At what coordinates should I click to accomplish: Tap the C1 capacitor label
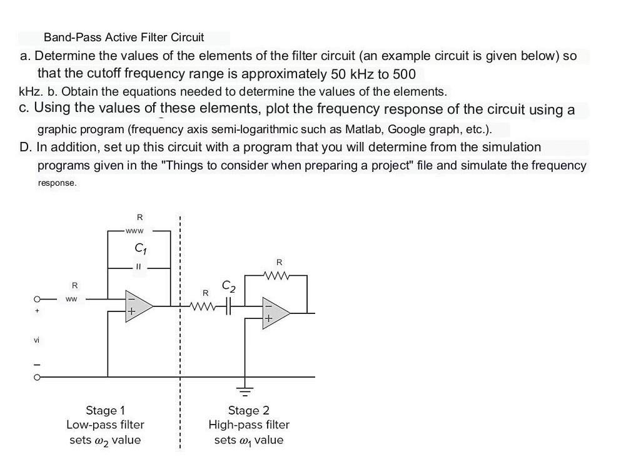pos(139,250)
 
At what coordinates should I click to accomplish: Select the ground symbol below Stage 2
pos(246,392)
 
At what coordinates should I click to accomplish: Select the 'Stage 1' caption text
pos(105,410)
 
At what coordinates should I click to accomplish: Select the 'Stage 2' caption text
pos(249,410)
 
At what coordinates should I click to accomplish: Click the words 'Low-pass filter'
pos(105,425)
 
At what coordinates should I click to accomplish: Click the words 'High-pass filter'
pos(249,425)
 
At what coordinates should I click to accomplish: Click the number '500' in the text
pos(404,74)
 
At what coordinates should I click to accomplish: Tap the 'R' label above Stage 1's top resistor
pos(139,217)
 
